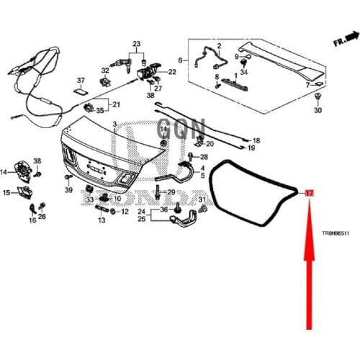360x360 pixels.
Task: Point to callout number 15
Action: (x=6, y=193)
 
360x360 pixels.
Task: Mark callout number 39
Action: (x=68, y=189)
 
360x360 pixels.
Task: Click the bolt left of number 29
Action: (x=156, y=193)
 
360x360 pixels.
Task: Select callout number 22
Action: (x=172, y=73)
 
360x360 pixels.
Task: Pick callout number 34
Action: (x=244, y=73)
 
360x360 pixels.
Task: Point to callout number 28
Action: (x=204, y=156)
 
